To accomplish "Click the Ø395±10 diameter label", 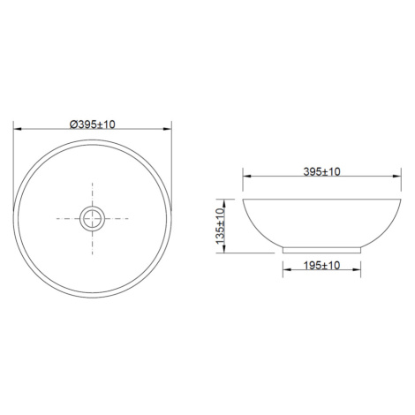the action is [93, 124].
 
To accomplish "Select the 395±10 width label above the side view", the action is [321, 171].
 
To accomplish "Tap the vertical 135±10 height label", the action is [220, 226].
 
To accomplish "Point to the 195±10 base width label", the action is [321, 266].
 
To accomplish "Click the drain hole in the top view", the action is [92, 219].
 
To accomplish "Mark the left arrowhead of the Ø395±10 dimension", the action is [18, 129].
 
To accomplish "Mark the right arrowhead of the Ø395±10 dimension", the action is [167, 129].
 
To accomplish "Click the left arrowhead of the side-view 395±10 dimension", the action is [247, 176].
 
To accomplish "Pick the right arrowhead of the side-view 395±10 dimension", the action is [396, 176].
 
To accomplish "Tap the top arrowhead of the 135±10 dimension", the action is [224, 203].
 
